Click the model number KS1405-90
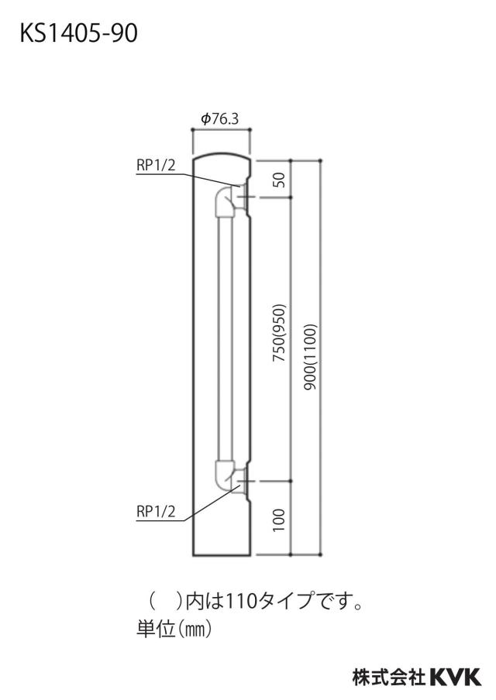click(78, 33)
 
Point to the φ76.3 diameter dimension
click(220, 118)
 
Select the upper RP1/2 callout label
click(156, 165)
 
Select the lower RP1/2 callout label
click(156, 511)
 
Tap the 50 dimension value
click(278, 180)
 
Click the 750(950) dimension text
click(278, 333)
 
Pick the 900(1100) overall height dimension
click(310, 355)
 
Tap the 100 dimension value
click(278, 520)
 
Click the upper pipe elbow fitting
click(226, 202)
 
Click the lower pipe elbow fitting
click(226, 475)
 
